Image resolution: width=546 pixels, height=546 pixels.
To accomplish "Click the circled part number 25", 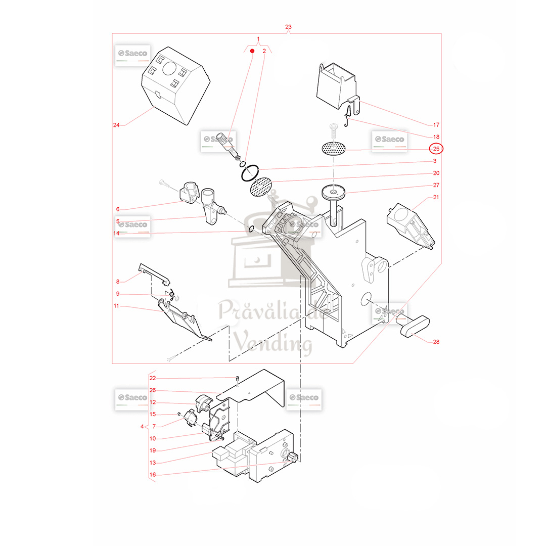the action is coord(436,149).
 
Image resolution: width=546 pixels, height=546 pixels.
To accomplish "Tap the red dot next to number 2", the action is coord(252,51).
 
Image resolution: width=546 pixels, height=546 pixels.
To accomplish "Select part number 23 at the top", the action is coord(288,27).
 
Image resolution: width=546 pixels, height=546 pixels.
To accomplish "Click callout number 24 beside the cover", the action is coord(116,125).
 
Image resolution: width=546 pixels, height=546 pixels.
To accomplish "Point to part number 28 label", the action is coord(436,342).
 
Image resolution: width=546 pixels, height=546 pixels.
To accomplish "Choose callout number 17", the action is coord(436,125).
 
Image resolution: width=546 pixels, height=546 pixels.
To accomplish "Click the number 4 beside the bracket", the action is coord(142,427).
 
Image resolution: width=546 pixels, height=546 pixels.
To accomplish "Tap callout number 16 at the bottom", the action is coord(153,475).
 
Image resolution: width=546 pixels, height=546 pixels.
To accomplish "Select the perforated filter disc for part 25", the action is coord(334,149).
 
